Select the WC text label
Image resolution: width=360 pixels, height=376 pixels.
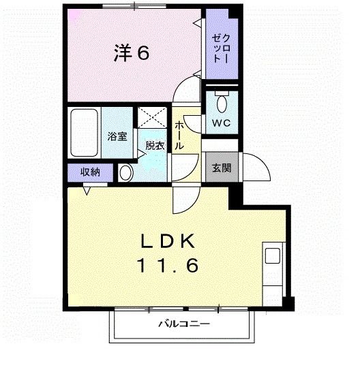[x=220, y=123]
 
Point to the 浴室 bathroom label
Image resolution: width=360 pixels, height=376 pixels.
[x=117, y=136]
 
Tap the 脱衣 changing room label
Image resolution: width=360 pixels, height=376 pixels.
[x=155, y=146]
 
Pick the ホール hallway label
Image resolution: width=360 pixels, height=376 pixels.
[x=179, y=137]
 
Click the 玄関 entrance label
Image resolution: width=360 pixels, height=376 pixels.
[x=220, y=168]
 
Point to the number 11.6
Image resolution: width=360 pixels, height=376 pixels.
[x=169, y=266]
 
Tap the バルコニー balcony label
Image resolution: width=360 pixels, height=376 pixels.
[x=184, y=324]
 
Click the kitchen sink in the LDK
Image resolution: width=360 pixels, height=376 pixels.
[x=272, y=257]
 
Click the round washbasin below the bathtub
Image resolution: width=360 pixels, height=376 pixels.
[x=125, y=173]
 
